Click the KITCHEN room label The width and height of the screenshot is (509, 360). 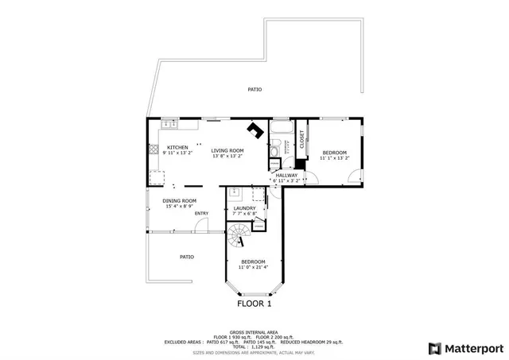(177, 147)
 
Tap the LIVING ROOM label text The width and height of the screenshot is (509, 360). (227, 150)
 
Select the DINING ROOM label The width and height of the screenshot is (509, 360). (179, 200)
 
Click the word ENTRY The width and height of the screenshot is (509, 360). (201, 213)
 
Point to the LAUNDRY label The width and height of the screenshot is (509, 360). (244, 208)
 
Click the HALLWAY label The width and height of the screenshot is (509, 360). (286, 175)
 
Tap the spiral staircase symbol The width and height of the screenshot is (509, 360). (238, 235)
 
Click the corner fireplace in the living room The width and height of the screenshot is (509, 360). (254, 130)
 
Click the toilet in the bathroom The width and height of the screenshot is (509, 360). (273, 150)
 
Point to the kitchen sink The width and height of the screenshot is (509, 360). (169, 125)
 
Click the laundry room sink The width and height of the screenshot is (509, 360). (235, 192)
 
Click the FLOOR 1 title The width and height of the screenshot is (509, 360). (254, 304)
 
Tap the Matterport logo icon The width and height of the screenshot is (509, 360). (433, 347)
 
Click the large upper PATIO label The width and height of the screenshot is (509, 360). (254, 90)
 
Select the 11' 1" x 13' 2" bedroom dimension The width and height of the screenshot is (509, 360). (334, 158)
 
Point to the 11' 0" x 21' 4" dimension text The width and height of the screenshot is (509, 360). (254, 268)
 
